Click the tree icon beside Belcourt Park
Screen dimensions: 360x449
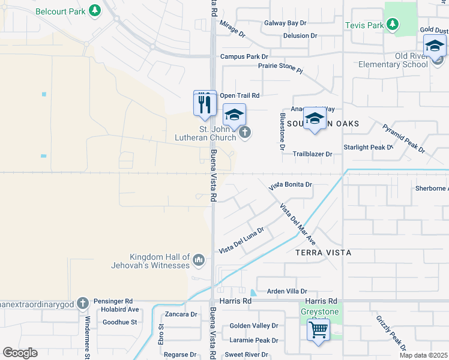point(94,10)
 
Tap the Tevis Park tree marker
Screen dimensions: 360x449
point(392,24)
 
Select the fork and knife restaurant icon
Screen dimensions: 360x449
point(205,104)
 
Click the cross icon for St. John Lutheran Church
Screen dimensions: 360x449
point(244,133)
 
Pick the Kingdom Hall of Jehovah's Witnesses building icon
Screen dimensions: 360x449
point(199,260)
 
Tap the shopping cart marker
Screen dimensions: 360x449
point(318,329)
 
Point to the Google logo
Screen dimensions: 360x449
point(20,353)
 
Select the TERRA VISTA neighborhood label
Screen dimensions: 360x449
point(322,253)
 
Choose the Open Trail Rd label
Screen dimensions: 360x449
point(240,95)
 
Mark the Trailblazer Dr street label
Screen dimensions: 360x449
point(312,154)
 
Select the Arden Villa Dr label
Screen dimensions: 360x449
point(287,290)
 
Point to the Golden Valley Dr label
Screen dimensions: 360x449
point(254,326)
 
